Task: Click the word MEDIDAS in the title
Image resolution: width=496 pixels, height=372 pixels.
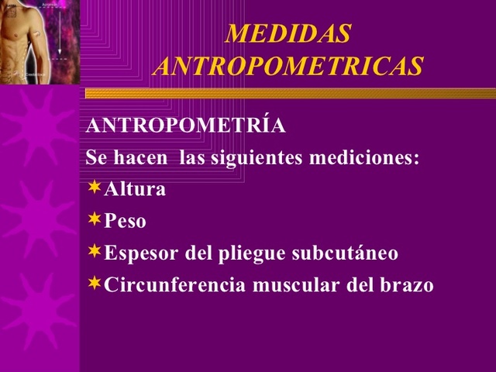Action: [288, 34]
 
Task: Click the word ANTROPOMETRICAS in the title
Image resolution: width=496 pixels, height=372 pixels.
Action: [288, 66]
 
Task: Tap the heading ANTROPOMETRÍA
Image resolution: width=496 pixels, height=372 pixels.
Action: [185, 126]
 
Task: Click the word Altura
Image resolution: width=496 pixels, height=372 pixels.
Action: [135, 188]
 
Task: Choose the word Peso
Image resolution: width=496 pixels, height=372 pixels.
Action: [125, 221]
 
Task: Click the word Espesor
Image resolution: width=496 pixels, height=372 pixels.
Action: [141, 253]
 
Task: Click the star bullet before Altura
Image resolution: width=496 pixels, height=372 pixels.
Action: [94, 187]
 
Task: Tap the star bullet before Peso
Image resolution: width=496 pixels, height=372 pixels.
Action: [94, 219]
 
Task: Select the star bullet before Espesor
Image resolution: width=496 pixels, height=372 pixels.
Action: [94, 251]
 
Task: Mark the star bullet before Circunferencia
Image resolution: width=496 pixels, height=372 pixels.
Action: [94, 283]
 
